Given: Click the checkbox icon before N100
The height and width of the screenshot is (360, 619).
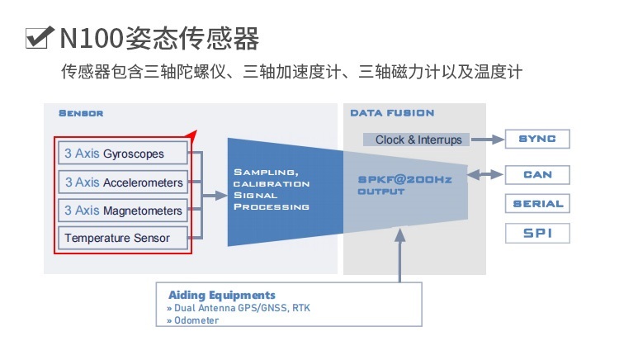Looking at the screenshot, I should click(40, 38).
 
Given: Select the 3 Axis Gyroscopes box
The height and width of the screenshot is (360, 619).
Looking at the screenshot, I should click(123, 154).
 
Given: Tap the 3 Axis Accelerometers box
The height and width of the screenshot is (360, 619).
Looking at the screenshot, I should click(123, 182).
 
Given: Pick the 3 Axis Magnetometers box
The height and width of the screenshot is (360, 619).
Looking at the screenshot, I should click(123, 210).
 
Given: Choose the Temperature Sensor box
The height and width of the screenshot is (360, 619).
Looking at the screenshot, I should click(123, 238).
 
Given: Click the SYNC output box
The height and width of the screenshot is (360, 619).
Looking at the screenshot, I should click(536, 139).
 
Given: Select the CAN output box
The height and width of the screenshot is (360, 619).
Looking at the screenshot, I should click(536, 174).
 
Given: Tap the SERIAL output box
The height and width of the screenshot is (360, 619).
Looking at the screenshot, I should click(536, 203).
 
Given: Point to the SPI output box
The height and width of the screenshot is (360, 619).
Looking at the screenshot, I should click(536, 233).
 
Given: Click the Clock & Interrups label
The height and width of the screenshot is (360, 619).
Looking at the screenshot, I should click(418, 140).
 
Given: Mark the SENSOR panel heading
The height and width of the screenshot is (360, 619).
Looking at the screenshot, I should click(80, 113).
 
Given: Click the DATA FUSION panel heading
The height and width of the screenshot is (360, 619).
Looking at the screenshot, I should click(392, 113).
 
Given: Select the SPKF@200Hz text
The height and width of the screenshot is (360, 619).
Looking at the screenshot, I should click(404, 179).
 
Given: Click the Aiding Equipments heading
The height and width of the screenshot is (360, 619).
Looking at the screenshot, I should click(222, 295).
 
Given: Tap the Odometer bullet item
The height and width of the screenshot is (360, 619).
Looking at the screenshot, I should click(193, 320).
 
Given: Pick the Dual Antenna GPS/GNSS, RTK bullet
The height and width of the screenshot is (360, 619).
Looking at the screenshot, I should click(239, 308).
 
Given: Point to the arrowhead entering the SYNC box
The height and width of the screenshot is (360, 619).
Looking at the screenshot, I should click(499, 139).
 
